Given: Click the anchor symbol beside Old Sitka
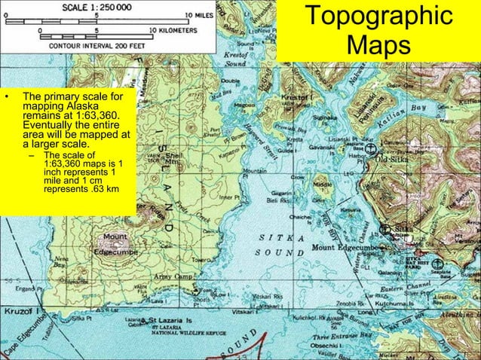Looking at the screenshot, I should point(371,150).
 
